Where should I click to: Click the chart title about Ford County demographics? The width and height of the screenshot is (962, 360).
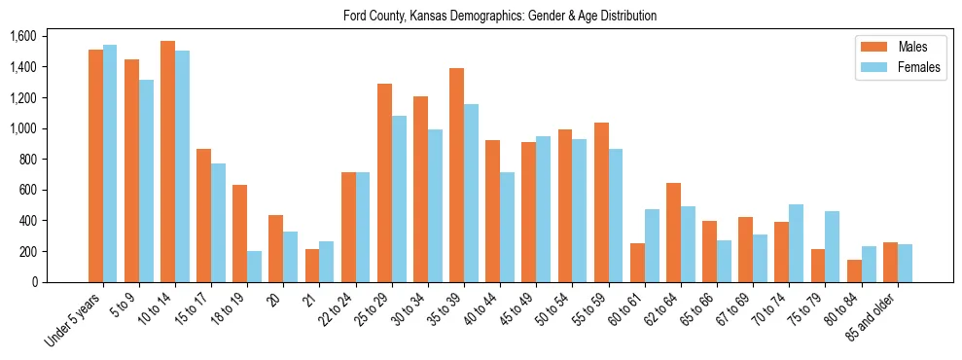pos(500,16)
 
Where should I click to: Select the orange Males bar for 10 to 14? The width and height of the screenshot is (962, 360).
pos(168,162)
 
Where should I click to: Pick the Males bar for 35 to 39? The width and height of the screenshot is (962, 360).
pos(457,175)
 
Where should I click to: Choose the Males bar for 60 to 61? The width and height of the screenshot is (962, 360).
pos(638,263)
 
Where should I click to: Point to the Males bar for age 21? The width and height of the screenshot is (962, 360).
pos(312,266)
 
